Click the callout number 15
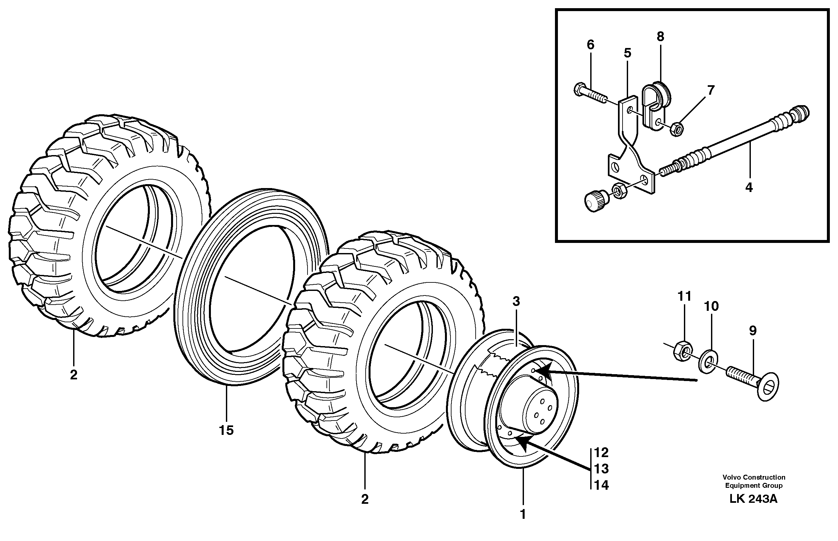pyautogui.click(x=226, y=430)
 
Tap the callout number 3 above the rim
pyautogui.click(x=516, y=301)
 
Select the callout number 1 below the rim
pyautogui.click(x=523, y=514)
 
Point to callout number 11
pyautogui.click(x=684, y=296)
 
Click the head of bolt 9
pyautogui.click(x=769, y=389)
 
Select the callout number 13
pyautogui.click(x=601, y=469)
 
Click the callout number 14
pyautogui.click(x=601, y=485)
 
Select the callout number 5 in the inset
pyautogui.click(x=627, y=53)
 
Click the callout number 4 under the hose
pyautogui.click(x=749, y=187)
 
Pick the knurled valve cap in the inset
pyautogui.click(x=594, y=200)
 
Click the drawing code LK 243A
pyautogui.click(x=753, y=499)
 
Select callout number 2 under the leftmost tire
pyautogui.click(x=73, y=375)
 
